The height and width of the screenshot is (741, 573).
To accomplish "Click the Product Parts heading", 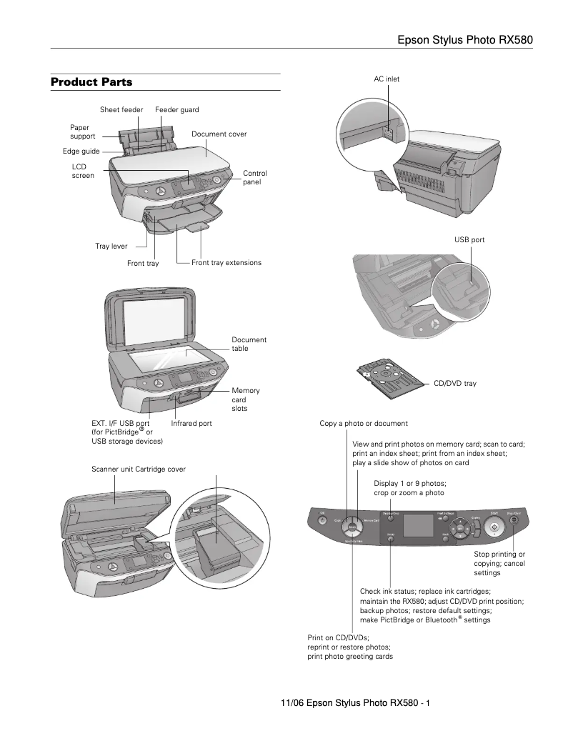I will click(91, 82).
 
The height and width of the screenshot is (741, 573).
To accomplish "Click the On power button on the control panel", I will click(322, 521).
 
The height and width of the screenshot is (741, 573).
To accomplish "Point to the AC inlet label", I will click(387, 79).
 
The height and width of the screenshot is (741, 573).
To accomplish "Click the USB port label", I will click(469, 240).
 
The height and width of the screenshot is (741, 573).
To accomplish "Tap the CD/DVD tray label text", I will click(455, 384).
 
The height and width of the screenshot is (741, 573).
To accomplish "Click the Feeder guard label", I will click(177, 109).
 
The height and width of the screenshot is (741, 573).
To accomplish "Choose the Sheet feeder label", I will click(121, 109).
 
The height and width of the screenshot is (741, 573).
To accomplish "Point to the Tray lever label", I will click(111, 246).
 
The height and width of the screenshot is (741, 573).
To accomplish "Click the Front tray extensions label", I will click(226, 263).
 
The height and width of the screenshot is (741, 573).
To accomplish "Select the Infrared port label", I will click(191, 424).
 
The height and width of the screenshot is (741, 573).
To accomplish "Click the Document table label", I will click(249, 344).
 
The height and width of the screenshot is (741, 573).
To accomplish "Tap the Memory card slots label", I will click(245, 399).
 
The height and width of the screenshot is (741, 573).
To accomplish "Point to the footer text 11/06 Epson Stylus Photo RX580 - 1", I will click(355, 705).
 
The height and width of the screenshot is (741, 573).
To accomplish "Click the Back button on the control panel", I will click(444, 535).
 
